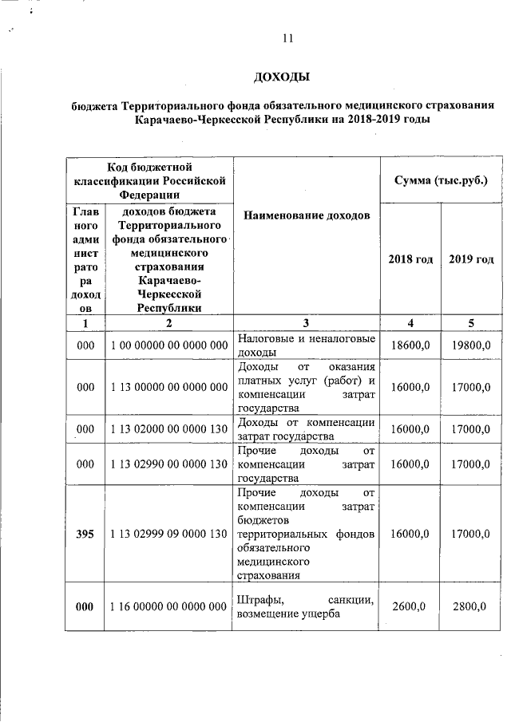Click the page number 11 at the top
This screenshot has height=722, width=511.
[x=288, y=37]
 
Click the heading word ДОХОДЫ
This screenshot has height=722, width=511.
[x=280, y=77]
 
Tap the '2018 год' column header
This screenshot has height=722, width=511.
[x=410, y=259]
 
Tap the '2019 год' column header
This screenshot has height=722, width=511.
[x=470, y=259]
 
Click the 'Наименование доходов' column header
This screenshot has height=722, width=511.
[x=307, y=216]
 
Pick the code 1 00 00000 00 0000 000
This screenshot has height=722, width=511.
[x=169, y=345]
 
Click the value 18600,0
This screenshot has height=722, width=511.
[x=410, y=345]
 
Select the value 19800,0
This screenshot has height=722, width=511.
[x=470, y=345]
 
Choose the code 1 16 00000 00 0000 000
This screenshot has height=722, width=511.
[x=169, y=607]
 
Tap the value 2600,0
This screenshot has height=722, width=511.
[x=410, y=607]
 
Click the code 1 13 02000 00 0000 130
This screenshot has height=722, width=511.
[x=169, y=429]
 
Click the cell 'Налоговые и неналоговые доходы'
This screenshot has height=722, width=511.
[x=307, y=345]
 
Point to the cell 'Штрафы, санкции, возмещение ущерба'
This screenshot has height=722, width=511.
[x=307, y=607]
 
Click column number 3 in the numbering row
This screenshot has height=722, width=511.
[x=307, y=323]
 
